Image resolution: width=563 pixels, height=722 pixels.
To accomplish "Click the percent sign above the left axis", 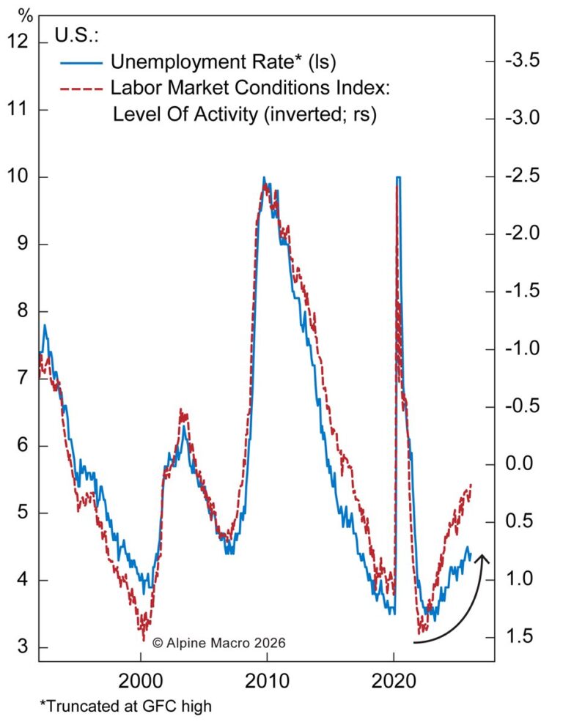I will point(26,15).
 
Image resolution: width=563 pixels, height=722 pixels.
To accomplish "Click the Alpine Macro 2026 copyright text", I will point(218,642).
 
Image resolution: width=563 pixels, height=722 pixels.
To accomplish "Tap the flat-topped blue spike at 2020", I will point(398,177).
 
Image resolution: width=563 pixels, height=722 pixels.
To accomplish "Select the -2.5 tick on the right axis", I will point(522,177).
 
